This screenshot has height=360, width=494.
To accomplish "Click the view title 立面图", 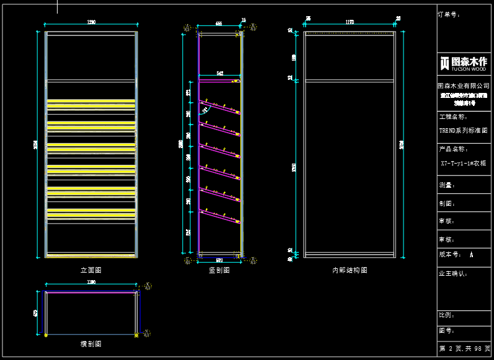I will tap(90, 270).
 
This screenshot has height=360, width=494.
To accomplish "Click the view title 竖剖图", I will tap(219, 270).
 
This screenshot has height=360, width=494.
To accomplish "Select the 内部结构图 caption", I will tap(350, 270).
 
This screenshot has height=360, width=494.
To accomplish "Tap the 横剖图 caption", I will tap(90, 343).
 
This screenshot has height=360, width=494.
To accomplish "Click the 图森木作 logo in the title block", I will tap(464, 63).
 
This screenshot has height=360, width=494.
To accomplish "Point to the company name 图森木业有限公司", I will tap(464, 86).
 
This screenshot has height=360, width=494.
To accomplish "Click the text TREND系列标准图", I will tap(464, 131).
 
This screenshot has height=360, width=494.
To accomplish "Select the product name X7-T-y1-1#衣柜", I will tap(464, 164).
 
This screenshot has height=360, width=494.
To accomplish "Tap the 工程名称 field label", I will tap(452, 116).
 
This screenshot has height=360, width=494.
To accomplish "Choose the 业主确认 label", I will tap(452, 273).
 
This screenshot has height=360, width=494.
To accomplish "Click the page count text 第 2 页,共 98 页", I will tap(464, 349).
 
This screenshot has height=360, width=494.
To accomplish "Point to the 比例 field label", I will tap(446, 315).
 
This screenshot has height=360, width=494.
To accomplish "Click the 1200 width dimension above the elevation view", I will tap(91, 23).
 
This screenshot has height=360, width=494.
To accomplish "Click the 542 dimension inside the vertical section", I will tap(219, 74).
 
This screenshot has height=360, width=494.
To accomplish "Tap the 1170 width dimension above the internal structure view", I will tap(350, 23).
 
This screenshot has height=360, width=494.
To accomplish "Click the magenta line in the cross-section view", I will tap(91, 292).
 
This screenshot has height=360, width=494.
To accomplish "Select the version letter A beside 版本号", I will tap(472, 254).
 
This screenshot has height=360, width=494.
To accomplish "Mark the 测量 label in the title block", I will tap(446, 185).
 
